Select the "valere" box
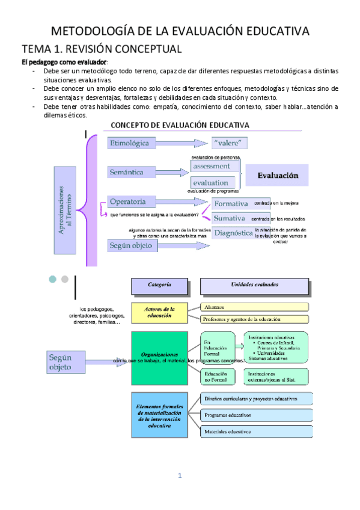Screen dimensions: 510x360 coord(230,143)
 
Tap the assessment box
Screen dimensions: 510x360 coord(215,166)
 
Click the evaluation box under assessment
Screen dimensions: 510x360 coord(215,182)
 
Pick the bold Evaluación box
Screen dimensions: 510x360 coord(278,176)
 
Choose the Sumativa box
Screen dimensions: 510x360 coord(230,218)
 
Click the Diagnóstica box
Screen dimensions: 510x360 coord(233,233)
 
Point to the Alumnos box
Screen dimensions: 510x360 coord(254,307)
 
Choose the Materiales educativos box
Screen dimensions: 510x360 coord(256,431)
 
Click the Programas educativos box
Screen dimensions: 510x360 coord(256,415)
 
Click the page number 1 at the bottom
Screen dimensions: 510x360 coord(179,476)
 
